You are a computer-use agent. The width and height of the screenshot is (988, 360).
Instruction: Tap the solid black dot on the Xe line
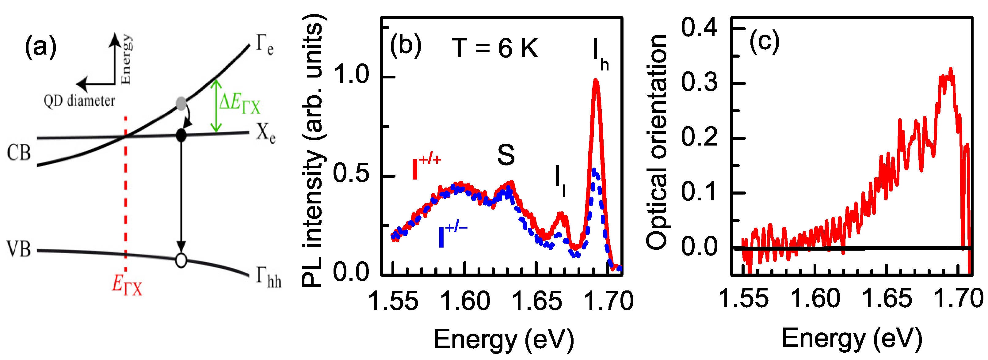click(181, 135)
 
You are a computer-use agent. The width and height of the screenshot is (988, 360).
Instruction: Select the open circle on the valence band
click(181, 260)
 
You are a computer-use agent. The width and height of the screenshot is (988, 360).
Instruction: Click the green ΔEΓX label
click(240, 104)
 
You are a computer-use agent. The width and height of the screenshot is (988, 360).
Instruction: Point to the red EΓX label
click(127, 285)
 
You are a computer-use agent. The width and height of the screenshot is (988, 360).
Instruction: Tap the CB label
click(19, 153)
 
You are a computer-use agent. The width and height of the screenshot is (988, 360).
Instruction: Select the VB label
click(19, 249)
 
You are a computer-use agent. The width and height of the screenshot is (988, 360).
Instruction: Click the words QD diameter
click(79, 101)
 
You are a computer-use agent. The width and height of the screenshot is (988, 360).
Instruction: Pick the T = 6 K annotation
click(495, 48)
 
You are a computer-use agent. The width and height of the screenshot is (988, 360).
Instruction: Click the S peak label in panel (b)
click(506, 155)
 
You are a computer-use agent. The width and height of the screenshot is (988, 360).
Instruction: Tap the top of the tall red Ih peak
click(596, 80)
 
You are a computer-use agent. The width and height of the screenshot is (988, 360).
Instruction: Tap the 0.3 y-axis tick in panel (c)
click(699, 82)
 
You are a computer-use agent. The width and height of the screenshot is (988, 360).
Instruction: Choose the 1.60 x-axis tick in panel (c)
click(815, 299)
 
